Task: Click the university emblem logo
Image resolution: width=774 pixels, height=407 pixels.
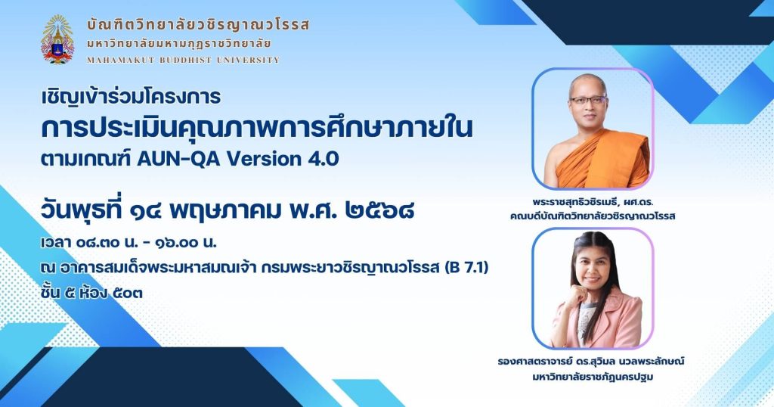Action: (57, 39)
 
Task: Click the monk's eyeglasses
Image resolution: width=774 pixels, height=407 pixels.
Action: (588, 100)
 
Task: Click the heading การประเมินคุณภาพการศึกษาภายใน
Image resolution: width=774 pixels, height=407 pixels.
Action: (257, 128)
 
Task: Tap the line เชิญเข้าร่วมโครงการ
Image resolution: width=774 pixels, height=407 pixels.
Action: (131, 96)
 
